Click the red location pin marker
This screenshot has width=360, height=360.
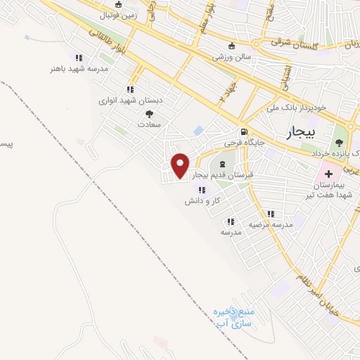pos(181,165)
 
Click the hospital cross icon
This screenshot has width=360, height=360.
pos(329,172)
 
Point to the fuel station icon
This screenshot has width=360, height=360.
pos(243,131)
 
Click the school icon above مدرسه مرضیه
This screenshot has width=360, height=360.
pos(270,214)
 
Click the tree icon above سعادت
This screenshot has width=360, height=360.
pos(149,112)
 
